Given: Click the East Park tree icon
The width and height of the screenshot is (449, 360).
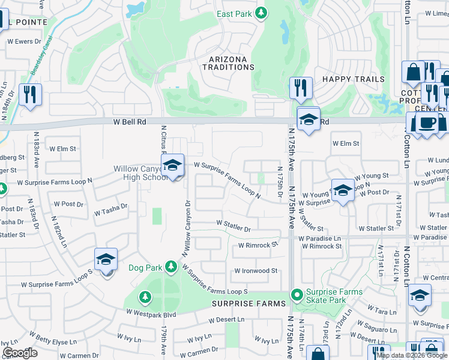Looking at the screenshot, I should [x=261, y=13].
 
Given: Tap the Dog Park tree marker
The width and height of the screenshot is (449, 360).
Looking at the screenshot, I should [x=171, y=266].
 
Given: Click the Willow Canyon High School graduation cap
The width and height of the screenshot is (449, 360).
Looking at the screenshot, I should [x=172, y=166].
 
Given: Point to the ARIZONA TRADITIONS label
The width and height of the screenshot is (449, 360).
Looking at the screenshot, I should [x=232, y=63].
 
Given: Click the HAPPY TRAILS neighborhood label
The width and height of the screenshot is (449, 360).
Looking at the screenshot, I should [x=353, y=79].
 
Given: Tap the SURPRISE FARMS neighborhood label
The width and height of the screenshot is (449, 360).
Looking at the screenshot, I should [x=249, y=304].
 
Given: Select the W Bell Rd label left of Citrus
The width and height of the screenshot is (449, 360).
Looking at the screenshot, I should [x=130, y=122].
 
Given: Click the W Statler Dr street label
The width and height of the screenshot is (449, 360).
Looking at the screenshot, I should [x=234, y=228].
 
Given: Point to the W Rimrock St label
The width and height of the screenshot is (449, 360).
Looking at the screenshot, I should [x=259, y=245].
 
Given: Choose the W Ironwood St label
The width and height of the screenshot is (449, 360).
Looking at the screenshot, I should [x=256, y=271].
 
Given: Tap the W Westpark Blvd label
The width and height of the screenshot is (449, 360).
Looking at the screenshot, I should [x=151, y=313].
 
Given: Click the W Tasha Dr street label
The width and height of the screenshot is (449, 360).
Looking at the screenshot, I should [x=111, y=210].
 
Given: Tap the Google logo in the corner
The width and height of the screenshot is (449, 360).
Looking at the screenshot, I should [x=20, y=353].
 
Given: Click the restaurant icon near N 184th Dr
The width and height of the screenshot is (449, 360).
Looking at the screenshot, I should [x=29, y=95].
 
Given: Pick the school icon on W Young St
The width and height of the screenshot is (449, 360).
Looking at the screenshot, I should [x=343, y=191].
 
